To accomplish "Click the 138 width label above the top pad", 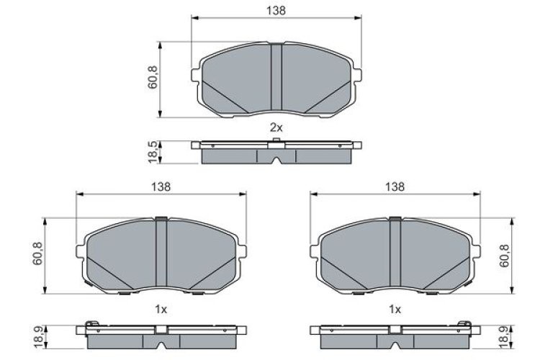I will point(276,10).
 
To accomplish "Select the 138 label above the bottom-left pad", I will point(161,186).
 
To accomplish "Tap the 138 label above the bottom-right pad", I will point(394,186).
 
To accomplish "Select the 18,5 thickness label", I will point(153,152).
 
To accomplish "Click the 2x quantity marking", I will point(276,127).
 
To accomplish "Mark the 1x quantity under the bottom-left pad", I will point(161,309).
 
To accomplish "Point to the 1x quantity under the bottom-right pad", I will point(394,309).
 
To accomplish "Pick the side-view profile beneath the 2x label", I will point(276,151).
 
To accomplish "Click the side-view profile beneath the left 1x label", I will point(161,334).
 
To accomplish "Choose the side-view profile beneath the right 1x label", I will point(394,334).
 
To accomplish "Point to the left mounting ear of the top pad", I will point(196,74).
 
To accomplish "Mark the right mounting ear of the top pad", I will point(356,74).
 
